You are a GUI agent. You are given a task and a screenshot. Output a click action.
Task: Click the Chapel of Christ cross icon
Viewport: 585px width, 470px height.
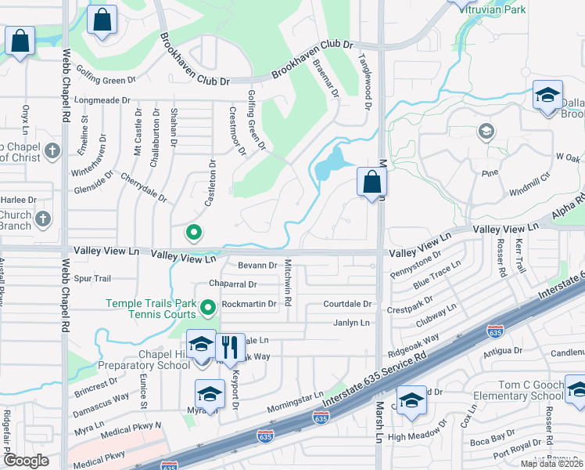[52, 150]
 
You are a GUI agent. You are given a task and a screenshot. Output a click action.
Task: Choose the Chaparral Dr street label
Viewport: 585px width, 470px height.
[233, 284]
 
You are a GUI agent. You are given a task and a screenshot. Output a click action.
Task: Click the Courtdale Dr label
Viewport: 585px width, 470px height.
[350, 304]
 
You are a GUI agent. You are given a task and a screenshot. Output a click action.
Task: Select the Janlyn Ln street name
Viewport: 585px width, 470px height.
[351, 323]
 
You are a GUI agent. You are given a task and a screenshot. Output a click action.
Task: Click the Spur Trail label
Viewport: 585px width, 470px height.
[93, 278]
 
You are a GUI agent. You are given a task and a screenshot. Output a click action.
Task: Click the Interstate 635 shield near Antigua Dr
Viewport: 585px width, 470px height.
[495, 331]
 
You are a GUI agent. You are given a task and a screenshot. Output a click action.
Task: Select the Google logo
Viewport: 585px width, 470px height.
[26, 461]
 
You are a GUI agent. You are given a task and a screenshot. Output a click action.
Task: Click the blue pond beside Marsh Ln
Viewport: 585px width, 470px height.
[332, 163]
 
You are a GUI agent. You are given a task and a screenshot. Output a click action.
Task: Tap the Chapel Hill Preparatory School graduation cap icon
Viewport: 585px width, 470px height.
[201, 345]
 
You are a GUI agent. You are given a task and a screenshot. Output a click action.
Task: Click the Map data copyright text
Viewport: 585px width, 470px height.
[551, 464]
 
